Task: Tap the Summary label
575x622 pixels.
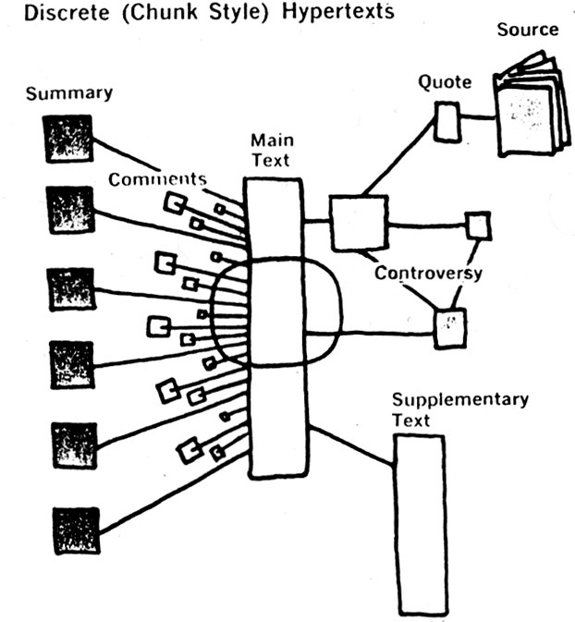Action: [x=68, y=92]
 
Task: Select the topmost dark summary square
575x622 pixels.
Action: [x=69, y=139]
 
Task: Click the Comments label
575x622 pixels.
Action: [x=156, y=179]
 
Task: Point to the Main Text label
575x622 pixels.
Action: [x=271, y=151]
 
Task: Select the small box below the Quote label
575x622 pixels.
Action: [x=447, y=121]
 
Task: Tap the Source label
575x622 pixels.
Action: [x=528, y=30]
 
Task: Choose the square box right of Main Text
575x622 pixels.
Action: [x=357, y=222]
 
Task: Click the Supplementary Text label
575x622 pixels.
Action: [x=459, y=409]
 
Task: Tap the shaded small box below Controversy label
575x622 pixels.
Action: [x=450, y=327]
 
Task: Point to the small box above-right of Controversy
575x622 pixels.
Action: [x=477, y=226]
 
